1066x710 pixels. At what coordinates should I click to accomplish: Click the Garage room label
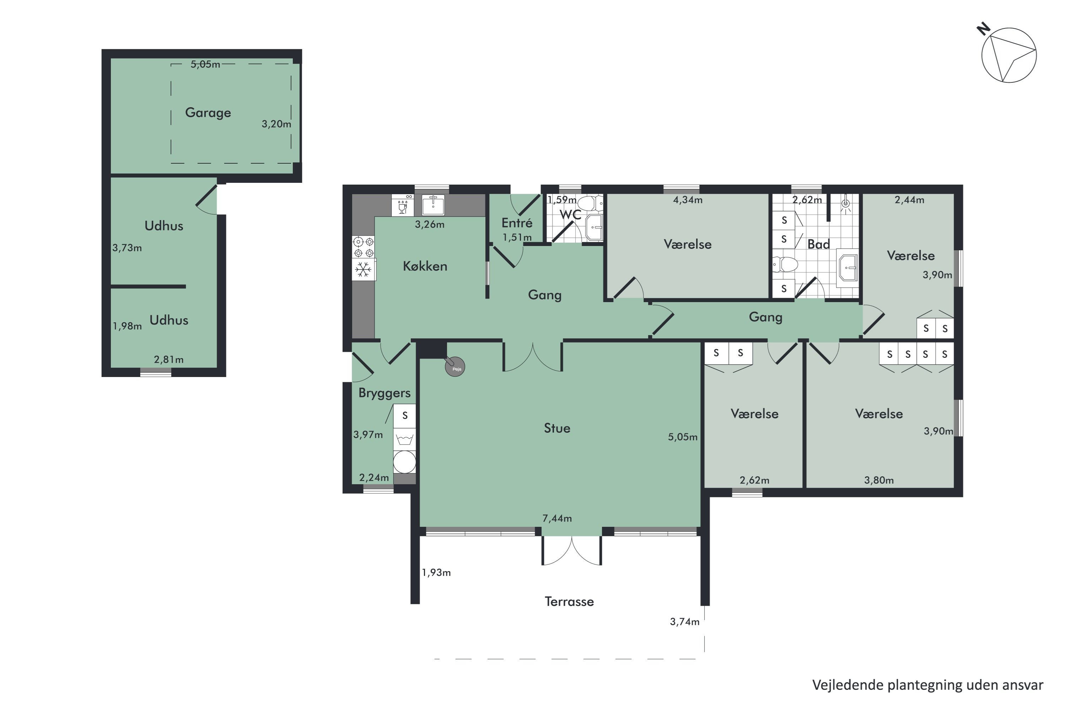(x=208, y=113)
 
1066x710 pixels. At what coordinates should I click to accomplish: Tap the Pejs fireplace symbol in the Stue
(x=455, y=367)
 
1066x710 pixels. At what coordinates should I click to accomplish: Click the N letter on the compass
(x=983, y=29)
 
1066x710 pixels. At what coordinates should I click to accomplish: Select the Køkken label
(x=425, y=266)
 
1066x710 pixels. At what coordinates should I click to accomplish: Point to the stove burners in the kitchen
(x=364, y=247)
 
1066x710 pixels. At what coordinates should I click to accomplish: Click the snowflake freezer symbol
(x=363, y=270)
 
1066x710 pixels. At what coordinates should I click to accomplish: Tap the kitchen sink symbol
(x=433, y=205)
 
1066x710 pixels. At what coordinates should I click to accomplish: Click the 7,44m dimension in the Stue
(x=557, y=518)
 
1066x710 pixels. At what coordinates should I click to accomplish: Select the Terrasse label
(x=569, y=602)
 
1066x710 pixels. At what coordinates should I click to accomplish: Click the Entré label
(x=517, y=223)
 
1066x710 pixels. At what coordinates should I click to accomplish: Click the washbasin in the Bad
(x=847, y=268)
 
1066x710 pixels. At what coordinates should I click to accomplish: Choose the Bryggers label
(x=384, y=393)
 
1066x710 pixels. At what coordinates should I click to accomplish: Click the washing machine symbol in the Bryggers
(x=404, y=462)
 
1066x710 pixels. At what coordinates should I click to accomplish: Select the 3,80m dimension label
(x=879, y=480)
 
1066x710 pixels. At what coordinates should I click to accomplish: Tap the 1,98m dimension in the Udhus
(x=127, y=326)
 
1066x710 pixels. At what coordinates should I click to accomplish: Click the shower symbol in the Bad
(x=845, y=204)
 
